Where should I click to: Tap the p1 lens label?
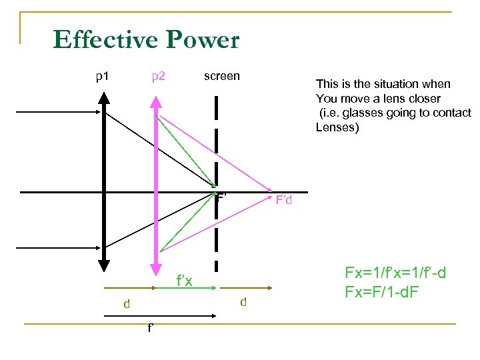[x=102, y=76]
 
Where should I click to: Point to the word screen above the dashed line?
[x=221, y=76]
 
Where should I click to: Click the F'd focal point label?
[x=284, y=200]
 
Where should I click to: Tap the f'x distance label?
[x=184, y=281]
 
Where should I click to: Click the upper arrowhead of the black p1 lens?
[x=104, y=97]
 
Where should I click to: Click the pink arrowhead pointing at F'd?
[x=269, y=189]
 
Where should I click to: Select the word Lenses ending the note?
[x=337, y=127]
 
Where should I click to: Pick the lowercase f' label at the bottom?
[x=151, y=328]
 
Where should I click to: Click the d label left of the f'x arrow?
[x=126, y=304]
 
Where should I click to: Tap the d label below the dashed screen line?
[x=243, y=302]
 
